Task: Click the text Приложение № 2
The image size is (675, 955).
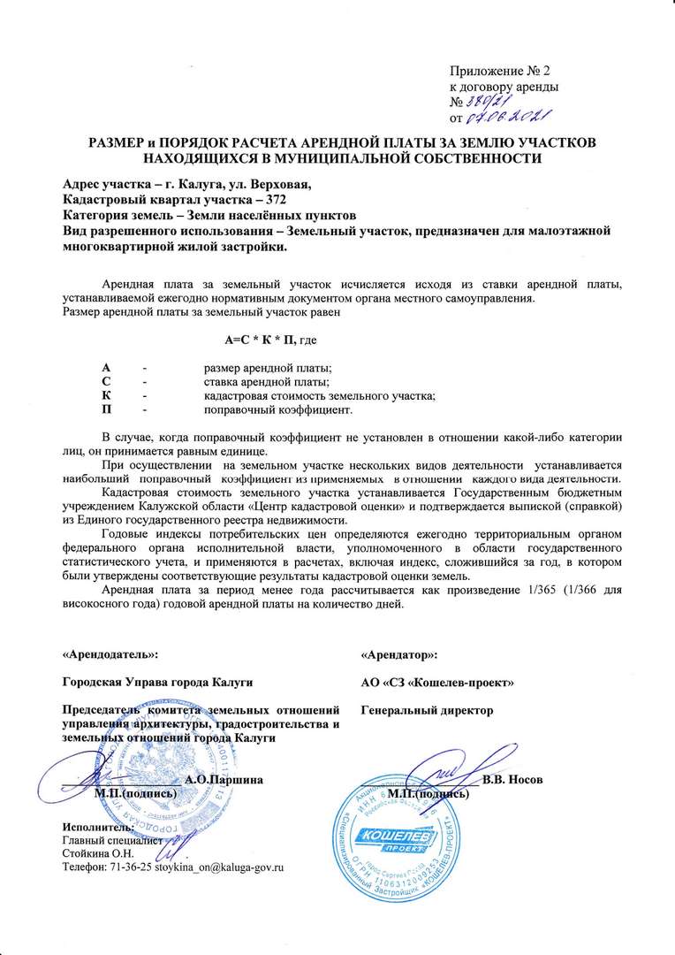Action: point(500,70)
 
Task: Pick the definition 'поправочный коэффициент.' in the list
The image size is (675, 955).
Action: point(278,410)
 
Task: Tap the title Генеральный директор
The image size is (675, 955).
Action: point(428,710)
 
